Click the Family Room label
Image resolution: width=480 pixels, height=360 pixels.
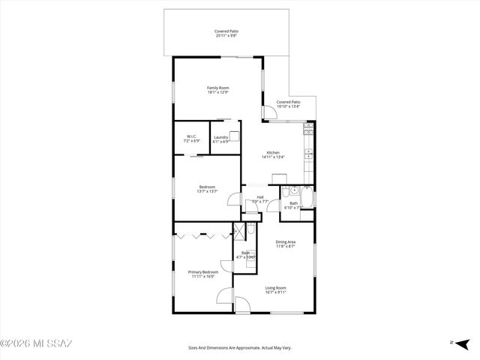coord(217,91)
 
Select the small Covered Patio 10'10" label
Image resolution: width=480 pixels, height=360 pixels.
coord(288,104)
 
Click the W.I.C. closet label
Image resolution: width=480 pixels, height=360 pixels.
coord(191,139)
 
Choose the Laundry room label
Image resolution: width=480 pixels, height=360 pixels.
coord(220,139)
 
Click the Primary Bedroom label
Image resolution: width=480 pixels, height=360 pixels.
coord(202,274)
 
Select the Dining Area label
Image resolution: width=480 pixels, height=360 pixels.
coord(285,244)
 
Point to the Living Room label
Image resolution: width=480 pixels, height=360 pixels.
coord(275,290)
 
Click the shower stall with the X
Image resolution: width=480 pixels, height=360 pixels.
coord(240,232)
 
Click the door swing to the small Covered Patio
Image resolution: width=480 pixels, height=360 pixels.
coord(268,114)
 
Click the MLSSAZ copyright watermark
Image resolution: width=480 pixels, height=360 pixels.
coord(36,344)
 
